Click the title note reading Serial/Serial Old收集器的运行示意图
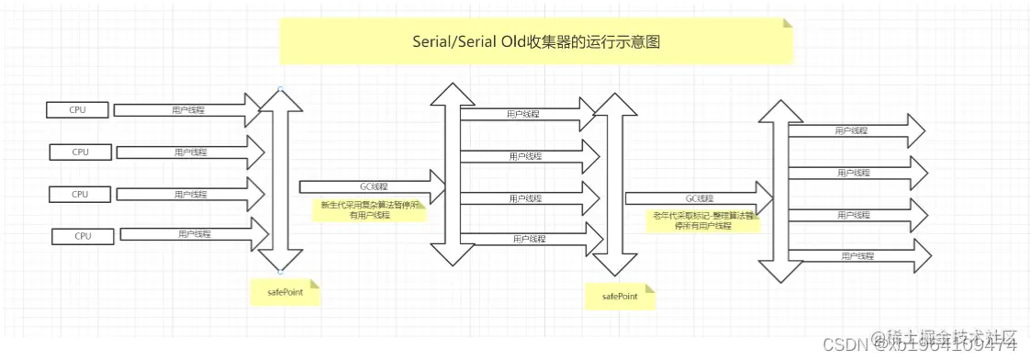tap(535, 42)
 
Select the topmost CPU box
tap(77, 110)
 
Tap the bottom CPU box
tap(84, 236)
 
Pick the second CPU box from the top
tap(81, 152)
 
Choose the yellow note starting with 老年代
tap(703, 220)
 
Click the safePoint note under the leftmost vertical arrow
tap(286, 291)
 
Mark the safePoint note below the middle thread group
tap(621, 296)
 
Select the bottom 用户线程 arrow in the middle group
tap(528, 240)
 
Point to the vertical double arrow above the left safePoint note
tap(279, 180)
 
